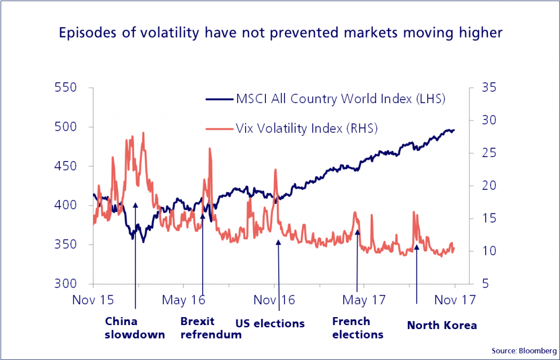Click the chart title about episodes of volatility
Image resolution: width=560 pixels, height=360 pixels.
[280, 33]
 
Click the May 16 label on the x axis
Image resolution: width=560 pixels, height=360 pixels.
[184, 300]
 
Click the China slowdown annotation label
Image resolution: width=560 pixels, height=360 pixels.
[135, 328]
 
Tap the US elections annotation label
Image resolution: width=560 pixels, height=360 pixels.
[270, 324]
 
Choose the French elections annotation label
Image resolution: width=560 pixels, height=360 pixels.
[357, 328]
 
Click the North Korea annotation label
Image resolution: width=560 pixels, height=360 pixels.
[442, 326]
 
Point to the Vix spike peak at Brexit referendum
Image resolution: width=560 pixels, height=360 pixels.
[210, 149]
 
